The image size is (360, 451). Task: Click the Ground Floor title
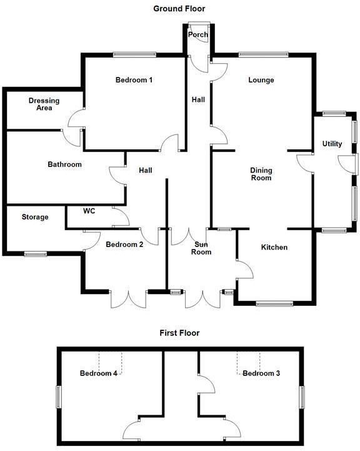click(x=179, y=9)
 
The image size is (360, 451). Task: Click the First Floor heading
click(x=179, y=333)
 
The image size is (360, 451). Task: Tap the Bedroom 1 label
click(x=134, y=79)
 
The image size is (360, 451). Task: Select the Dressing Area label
click(x=44, y=104)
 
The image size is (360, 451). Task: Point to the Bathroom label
click(x=64, y=165)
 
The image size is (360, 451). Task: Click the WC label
click(x=89, y=211)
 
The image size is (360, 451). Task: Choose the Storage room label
click(x=35, y=217)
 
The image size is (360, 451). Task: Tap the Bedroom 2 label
click(x=124, y=244)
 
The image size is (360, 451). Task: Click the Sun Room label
click(x=201, y=248)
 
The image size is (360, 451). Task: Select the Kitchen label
click(x=274, y=247)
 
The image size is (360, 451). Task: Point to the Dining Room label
click(x=261, y=174)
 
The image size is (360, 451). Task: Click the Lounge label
click(x=261, y=79)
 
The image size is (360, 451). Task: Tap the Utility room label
click(x=332, y=143)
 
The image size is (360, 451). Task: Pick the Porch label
click(x=198, y=34)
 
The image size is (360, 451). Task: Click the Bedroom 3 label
click(x=261, y=373)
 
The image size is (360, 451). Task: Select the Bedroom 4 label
click(x=99, y=373)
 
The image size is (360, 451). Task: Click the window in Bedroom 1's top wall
click(x=134, y=54)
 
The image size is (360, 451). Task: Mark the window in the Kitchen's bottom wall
click(x=274, y=303)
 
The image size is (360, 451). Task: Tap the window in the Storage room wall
click(x=36, y=254)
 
